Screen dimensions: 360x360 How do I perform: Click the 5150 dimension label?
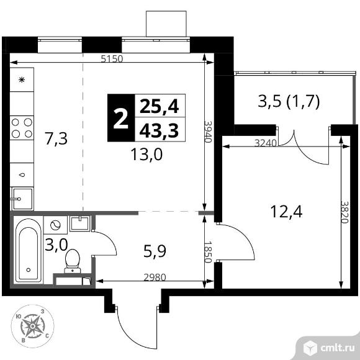tap(112, 59)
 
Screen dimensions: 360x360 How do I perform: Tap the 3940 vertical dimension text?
tap(208, 132)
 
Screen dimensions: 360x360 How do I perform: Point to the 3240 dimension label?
tap(266, 143)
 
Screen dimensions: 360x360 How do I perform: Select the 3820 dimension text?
tap(344, 212)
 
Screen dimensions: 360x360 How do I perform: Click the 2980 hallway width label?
tap(155, 277)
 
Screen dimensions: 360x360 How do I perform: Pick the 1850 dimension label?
tap(208, 251)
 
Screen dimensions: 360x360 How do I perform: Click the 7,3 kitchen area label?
tap(56, 138)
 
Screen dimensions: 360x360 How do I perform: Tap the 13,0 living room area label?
tap(146, 154)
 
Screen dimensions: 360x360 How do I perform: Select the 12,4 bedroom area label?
tap(287, 211)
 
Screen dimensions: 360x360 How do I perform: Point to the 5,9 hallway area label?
tap(155, 251)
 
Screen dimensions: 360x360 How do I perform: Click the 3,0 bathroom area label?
tap(56, 245)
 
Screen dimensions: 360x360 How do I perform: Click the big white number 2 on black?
tap(121, 118)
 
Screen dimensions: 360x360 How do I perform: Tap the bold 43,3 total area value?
tap(159, 131)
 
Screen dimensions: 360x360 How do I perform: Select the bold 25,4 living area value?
tap(159, 107)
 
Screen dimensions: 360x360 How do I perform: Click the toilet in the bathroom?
tap(73, 261)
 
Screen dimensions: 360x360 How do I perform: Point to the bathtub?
tap(29, 250)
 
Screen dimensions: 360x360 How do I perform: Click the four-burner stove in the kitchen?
tap(22, 128)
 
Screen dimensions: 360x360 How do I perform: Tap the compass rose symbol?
tap(33, 326)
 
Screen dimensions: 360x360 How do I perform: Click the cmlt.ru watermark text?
tap(338, 348)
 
